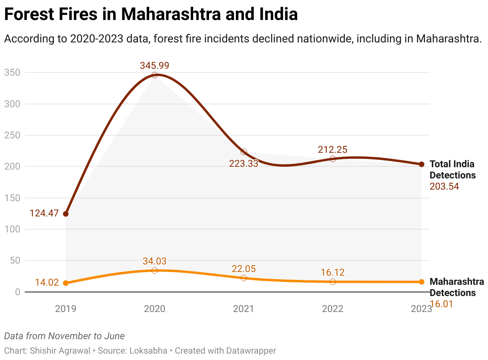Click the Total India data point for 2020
[155, 75]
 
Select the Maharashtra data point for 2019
[66, 283]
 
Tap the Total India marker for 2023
[422, 164]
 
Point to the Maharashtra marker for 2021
[244, 278]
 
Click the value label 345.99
[155, 65]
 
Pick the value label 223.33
[244, 163]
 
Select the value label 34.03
[155, 261]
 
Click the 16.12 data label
[332, 272]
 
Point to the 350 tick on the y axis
[12, 73]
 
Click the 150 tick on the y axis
[12, 198]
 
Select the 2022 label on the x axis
[332, 309]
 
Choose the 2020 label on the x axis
[155, 309]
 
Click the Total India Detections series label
[452, 170]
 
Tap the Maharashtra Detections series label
[456, 287]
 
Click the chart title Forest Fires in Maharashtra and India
[151, 15]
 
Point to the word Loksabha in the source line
[148, 351]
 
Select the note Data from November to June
[64, 336]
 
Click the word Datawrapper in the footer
[251, 351]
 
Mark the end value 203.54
[444, 186]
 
